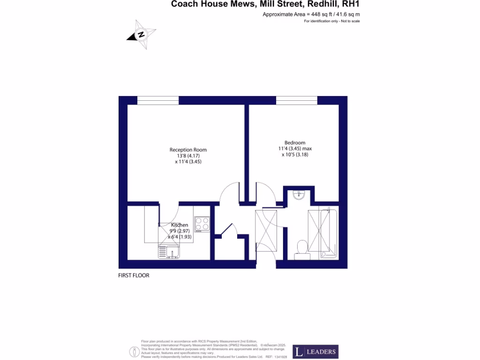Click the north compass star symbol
pos(141,34)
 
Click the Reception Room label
pos(188,150)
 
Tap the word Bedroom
pos(295,143)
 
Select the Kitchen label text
pos(179,225)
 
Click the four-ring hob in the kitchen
pos(202,224)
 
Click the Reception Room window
pos(158,100)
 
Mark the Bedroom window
pos(297,100)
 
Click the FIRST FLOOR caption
pos(134,276)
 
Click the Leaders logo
pos(315,352)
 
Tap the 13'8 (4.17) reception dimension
pos(188,156)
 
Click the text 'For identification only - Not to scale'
pos(332,22)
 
